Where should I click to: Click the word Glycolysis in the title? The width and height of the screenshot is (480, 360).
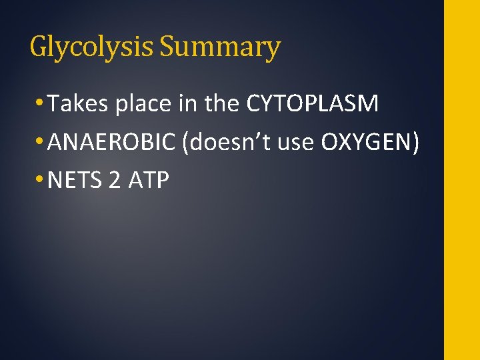point(92,48)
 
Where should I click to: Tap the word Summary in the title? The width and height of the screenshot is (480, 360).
point(220,48)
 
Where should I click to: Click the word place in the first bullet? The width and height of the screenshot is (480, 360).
point(137,105)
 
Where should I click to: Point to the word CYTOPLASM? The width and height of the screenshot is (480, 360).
point(312,104)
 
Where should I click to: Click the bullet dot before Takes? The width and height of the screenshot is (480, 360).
point(42,105)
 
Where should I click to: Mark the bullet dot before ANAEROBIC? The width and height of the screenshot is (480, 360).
point(42,142)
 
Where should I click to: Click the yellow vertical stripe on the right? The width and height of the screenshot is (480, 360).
point(462,180)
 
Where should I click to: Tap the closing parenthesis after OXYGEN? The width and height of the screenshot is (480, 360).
point(415,142)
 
